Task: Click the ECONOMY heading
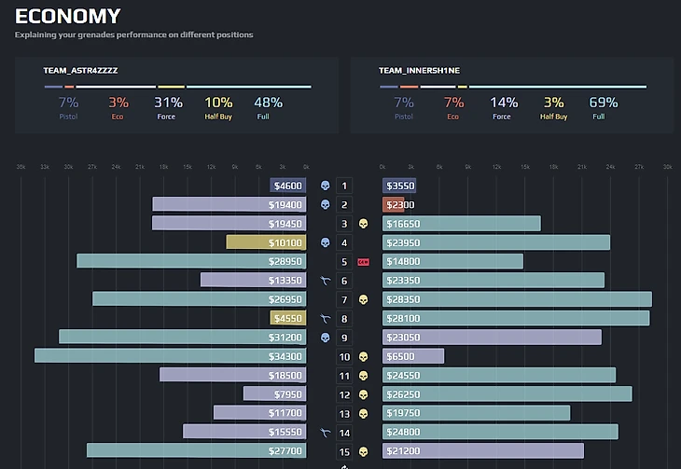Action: [67, 16]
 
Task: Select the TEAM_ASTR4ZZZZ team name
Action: [80, 71]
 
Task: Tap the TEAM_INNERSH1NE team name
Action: [419, 71]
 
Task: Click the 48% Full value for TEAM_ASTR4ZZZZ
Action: [268, 103]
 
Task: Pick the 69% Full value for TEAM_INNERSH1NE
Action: [604, 103]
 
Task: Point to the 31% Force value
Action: [168, 103]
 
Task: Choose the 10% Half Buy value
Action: [218, 103]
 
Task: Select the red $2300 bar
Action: [393, 205]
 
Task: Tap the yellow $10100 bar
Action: [266, 242]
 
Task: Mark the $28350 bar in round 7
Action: [517, 299]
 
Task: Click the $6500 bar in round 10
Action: [413, 356]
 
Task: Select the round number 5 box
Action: [344, 262]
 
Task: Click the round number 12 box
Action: [344, 394]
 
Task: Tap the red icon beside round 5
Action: [363, 262]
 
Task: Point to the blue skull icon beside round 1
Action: [325, 186]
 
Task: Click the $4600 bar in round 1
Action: [287, 186]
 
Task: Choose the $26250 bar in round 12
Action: [507, 394]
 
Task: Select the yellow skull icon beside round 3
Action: [363, 224]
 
